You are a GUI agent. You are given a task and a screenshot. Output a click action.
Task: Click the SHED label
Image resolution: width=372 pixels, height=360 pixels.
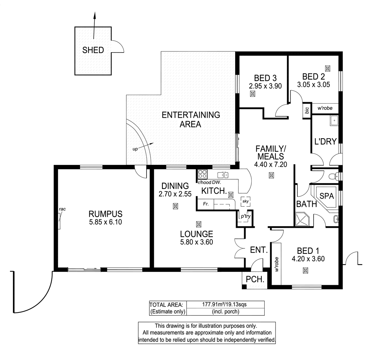[93, 50]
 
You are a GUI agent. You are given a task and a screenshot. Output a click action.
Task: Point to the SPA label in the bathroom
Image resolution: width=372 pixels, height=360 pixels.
[327, 196]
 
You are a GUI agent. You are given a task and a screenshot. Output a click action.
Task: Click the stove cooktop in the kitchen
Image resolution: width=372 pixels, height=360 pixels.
[202, 174]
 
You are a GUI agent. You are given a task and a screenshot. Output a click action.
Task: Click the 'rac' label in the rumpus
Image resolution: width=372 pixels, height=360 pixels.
[62, 208]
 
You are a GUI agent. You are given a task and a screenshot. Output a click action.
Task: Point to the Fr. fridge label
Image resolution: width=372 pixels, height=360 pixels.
[206, 204]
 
